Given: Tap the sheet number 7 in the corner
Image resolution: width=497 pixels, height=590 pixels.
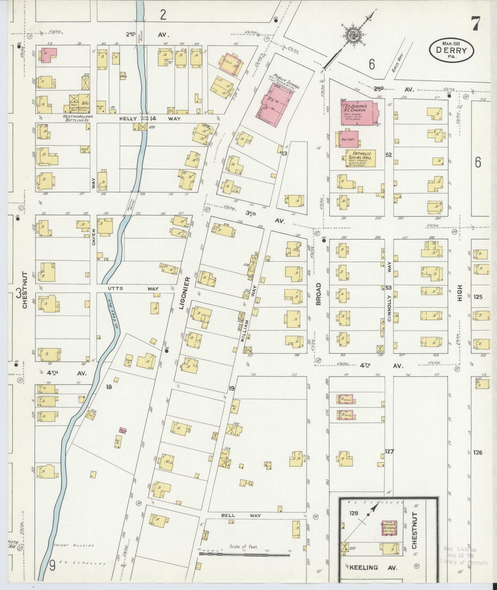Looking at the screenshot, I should [476, 23].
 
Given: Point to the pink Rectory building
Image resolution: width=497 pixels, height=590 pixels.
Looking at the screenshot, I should [348, 139].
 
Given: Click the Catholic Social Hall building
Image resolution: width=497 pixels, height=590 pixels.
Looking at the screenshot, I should [360, 158].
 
